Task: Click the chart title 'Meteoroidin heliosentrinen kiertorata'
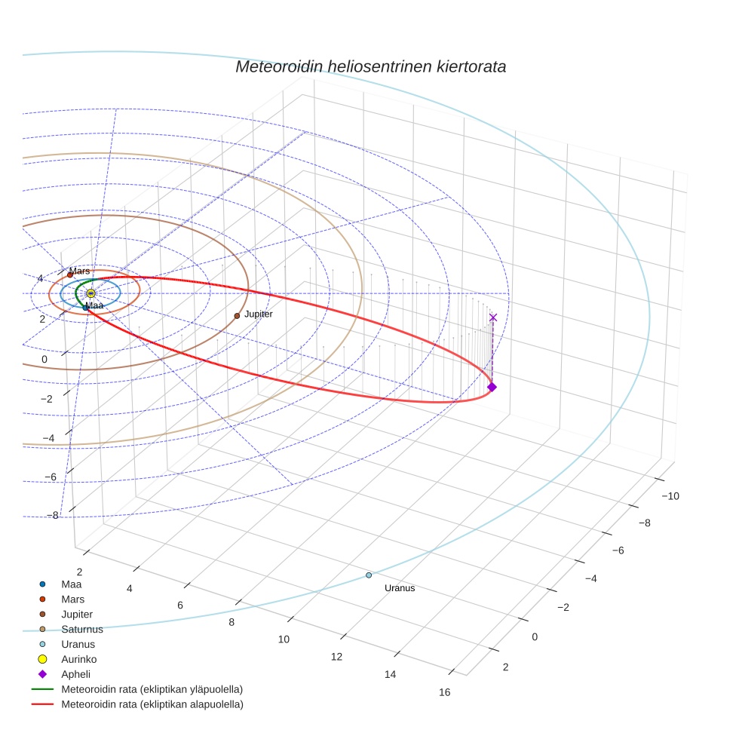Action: pos(370,66)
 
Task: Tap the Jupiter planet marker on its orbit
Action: pos(237,316)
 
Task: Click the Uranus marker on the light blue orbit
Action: pos(369,575)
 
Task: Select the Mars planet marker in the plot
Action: pos(70,275)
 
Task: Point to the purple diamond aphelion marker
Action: pos(492,387)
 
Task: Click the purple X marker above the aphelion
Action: pos(493,317)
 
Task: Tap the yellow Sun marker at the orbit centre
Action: pos(90,293)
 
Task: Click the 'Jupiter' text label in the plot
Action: pos(259,314)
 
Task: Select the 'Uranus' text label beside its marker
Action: pos(400,588)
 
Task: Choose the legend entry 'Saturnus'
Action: pos(82,629)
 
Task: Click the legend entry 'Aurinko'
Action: pos(78,659)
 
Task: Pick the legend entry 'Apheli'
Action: pos(75,674)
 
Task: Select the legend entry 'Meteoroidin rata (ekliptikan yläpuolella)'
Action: pos(152,689)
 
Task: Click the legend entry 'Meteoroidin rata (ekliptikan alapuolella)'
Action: pos(152,704)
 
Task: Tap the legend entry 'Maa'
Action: pos(71,584)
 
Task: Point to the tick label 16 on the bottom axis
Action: pos(444,693)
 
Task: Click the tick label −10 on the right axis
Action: pos(670,495)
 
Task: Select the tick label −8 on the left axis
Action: pos(53,515)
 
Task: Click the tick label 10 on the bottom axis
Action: pos(284,639)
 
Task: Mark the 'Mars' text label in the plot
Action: pos(79,271)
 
